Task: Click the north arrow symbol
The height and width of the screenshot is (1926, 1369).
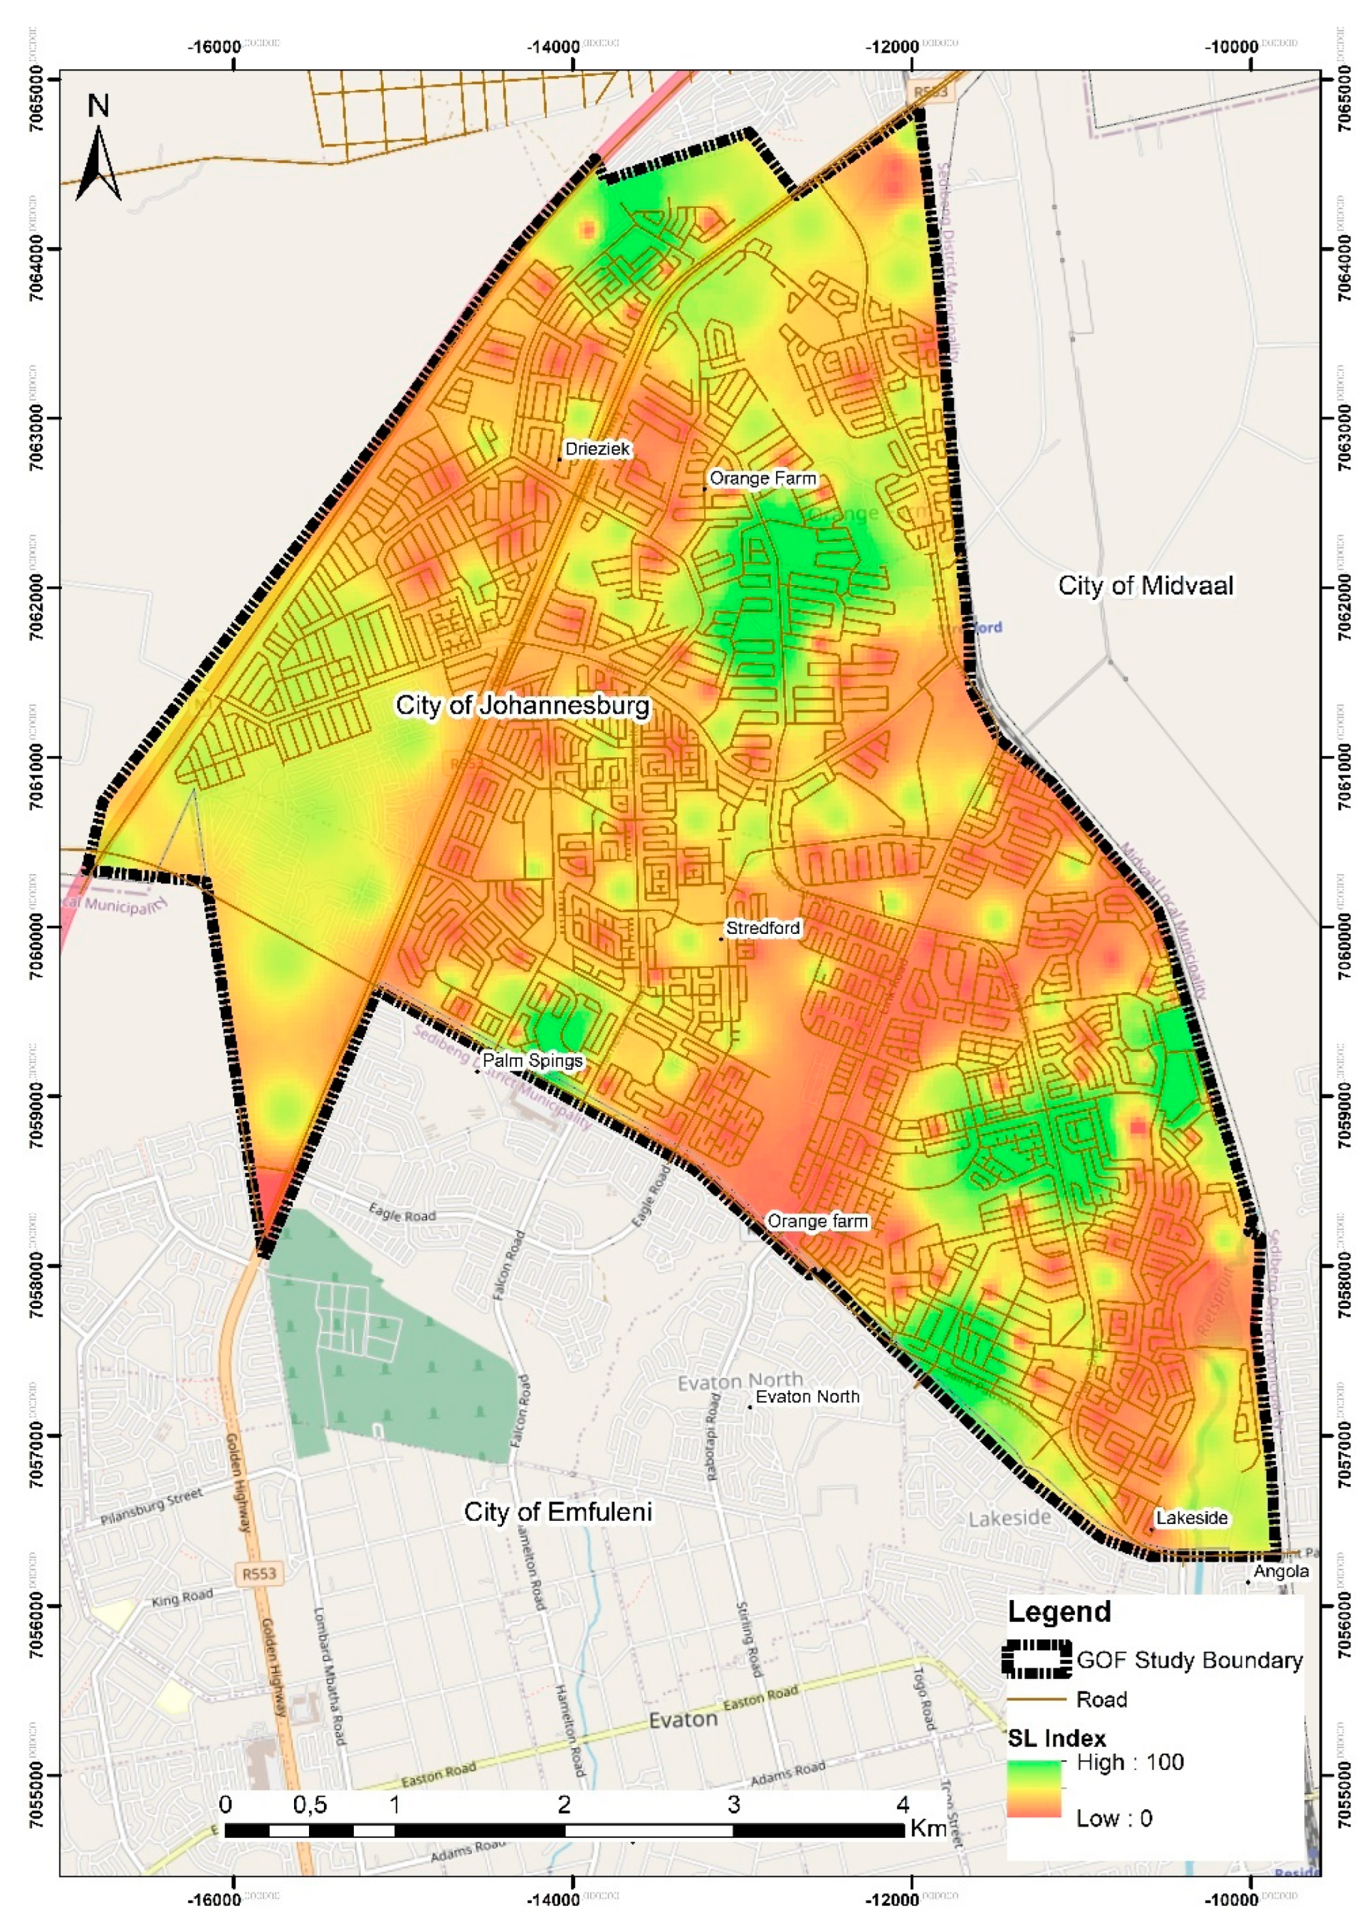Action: click(99, 161)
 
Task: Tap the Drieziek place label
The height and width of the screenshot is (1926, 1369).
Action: click(597, 449)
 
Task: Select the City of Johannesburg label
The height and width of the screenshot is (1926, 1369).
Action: click(523, 705)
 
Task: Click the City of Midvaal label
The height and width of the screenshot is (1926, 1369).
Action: click(1145, 586)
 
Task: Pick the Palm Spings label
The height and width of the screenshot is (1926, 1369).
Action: click(532, 1061)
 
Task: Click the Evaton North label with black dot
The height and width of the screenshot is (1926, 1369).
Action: click(807, 1396)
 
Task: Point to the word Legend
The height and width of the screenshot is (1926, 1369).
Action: click(1059, 1611)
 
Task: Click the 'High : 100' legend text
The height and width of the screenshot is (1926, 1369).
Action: click(1130, 1762)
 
